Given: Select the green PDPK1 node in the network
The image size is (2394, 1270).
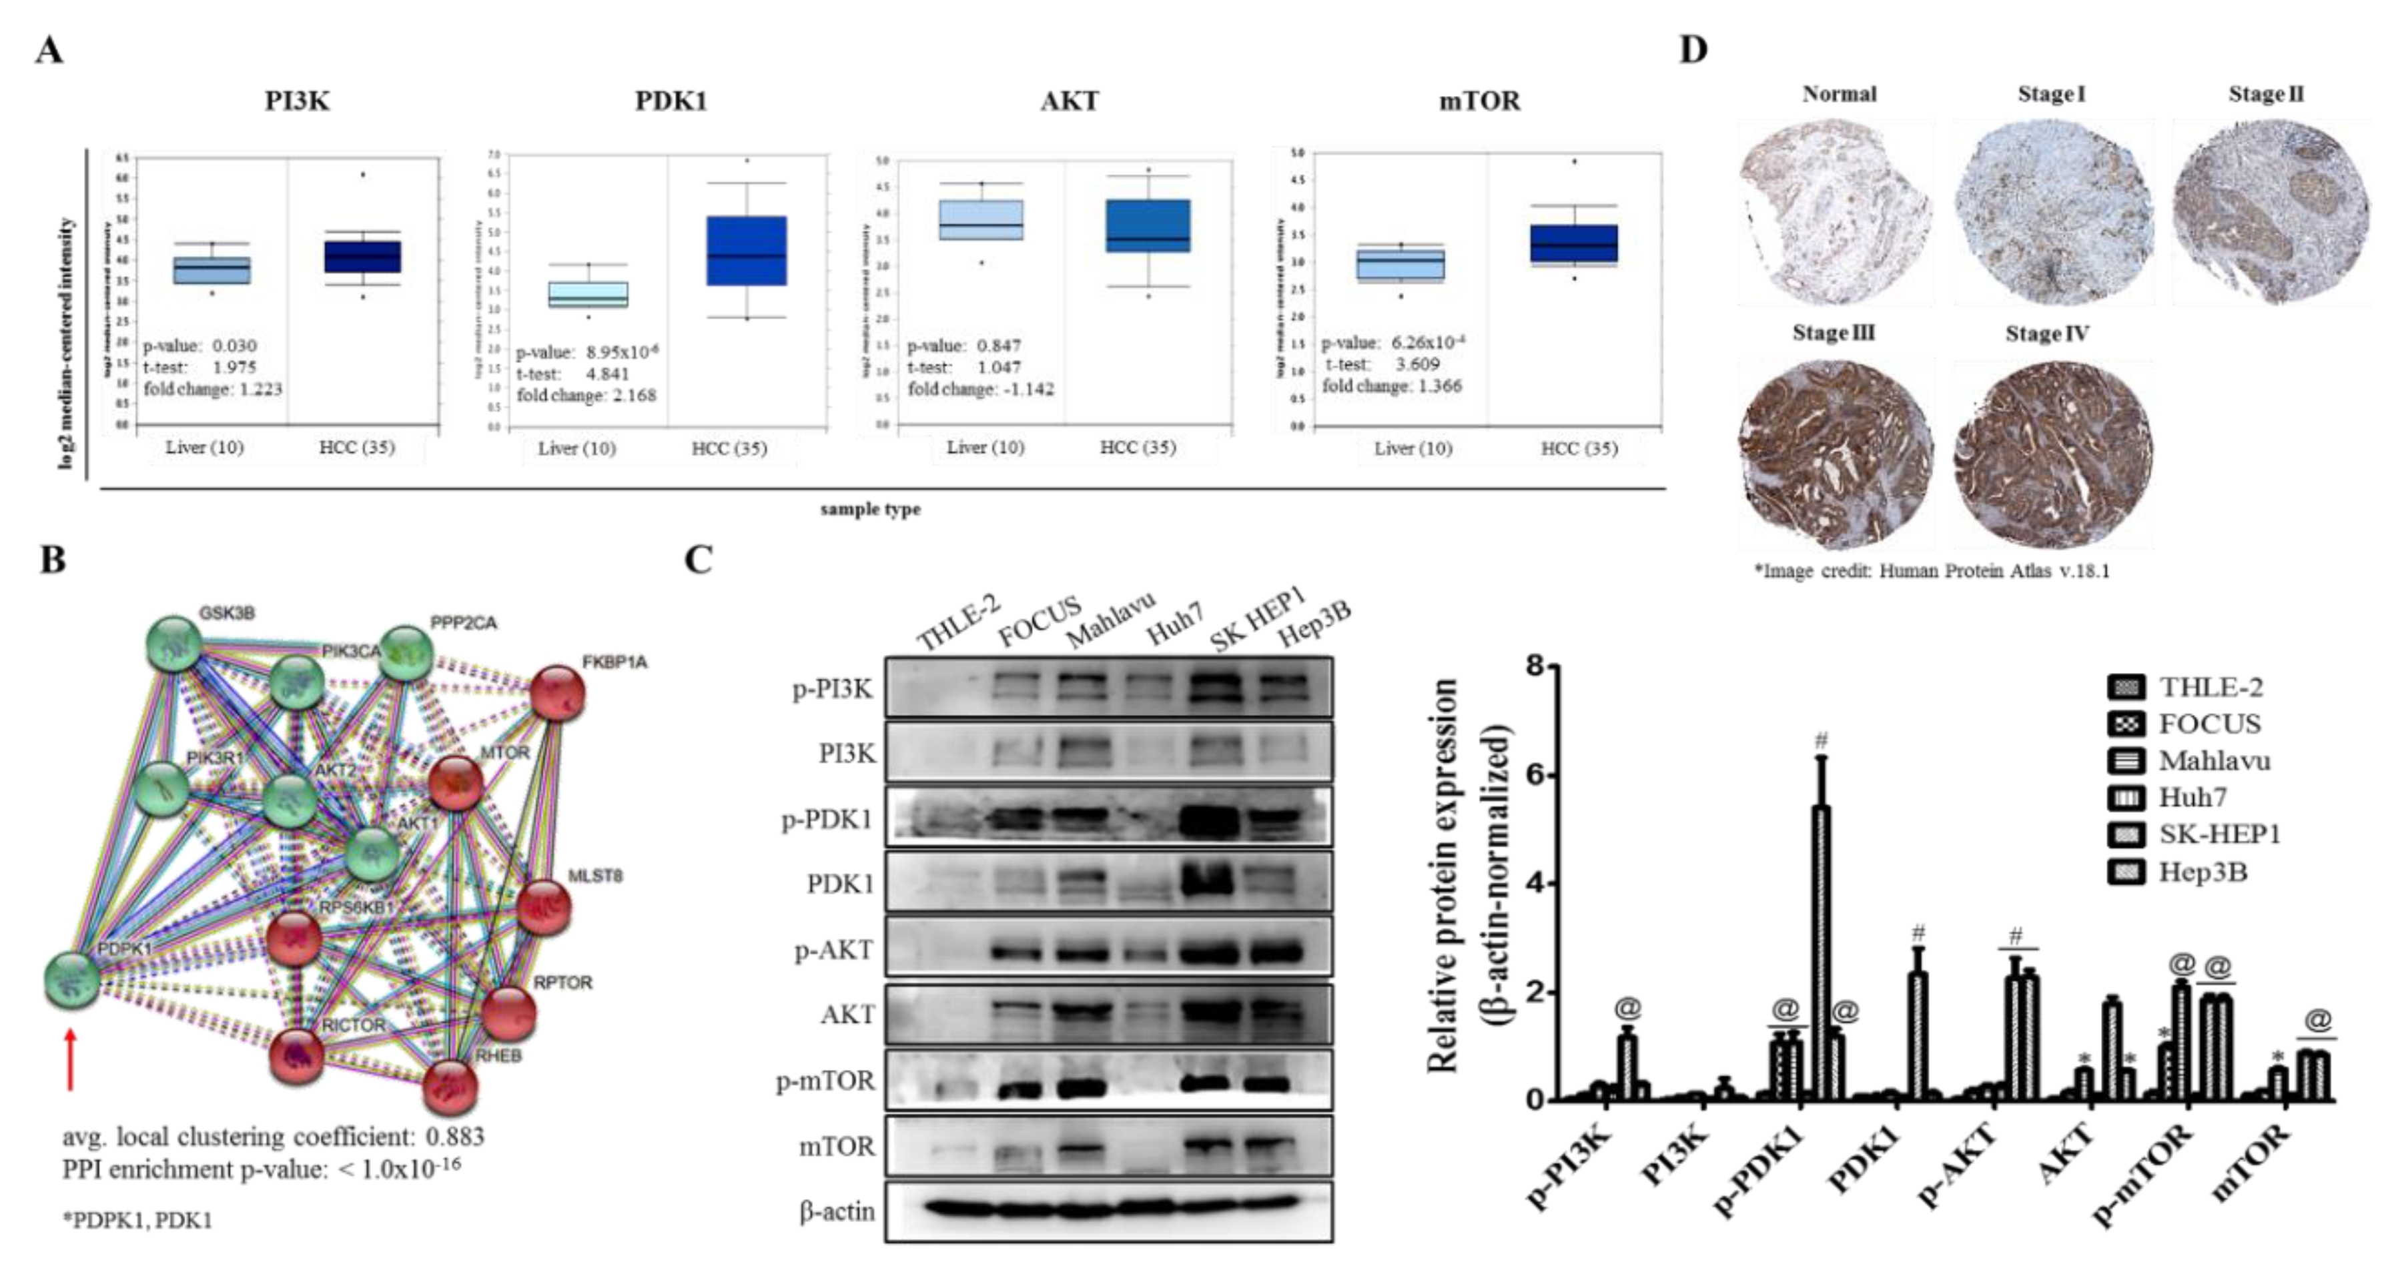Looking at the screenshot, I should pos(71,979).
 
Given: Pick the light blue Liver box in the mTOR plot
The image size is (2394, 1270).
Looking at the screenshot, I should pos(1412,265).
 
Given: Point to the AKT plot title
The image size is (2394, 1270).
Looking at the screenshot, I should pos(1069,100).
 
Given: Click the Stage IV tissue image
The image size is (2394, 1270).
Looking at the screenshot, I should pos(2052,454).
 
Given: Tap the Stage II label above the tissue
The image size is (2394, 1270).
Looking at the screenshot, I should pos(2266,95).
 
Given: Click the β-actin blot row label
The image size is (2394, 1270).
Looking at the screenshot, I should pos(837,1211).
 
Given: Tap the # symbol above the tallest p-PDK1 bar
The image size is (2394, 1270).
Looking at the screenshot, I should pos(1822,740).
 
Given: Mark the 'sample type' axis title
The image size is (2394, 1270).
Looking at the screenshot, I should pos(870,509).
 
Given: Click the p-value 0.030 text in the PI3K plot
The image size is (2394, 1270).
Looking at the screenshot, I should pos(199,346).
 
